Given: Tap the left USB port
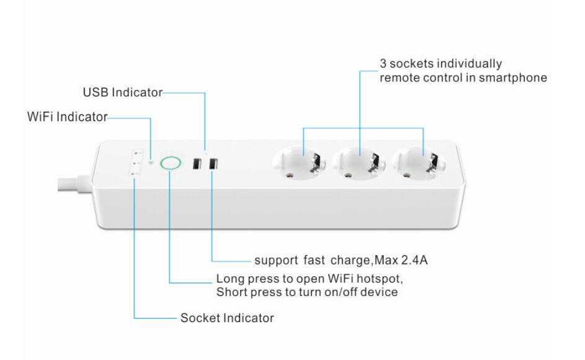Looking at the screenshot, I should tap(197, 164).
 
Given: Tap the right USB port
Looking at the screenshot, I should tap(213, 164).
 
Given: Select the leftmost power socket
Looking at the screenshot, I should tap(298, 165).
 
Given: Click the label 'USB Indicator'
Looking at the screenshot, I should tap(122, 92).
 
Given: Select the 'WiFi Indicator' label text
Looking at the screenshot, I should tap(67, 117).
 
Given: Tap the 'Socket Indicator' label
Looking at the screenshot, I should tap(227, 318).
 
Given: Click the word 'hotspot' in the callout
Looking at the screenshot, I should tap(389, 278).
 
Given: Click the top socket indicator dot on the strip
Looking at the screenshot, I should tap(136, 153).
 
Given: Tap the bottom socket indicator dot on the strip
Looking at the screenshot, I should tap(136, 175).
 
